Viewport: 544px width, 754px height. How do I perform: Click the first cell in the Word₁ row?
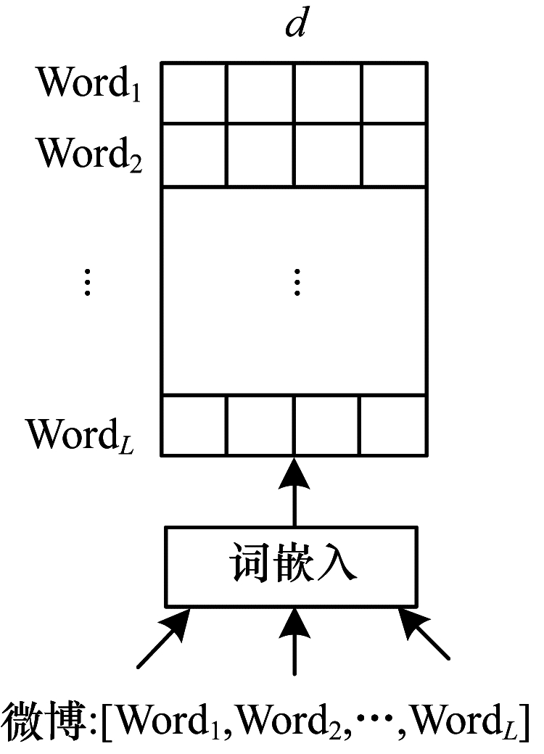[194, 94]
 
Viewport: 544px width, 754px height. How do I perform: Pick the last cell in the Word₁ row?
[394, 94]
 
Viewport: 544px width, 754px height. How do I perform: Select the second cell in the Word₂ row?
[260, 155]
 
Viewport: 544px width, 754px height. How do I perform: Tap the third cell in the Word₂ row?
[327, 155]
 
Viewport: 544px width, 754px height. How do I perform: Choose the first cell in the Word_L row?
[194, 425]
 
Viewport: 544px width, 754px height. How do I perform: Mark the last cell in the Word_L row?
[394, 425]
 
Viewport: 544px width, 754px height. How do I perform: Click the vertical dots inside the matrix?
[296, 281]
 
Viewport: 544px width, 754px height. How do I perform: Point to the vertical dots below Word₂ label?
[87, 281]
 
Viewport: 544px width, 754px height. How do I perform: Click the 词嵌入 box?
[294, 565]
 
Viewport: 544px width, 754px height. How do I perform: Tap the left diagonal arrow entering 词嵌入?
[164, 638]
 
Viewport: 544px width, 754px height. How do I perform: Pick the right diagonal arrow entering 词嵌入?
[424, 638]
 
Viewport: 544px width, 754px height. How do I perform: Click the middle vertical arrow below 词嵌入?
[294, 642]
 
